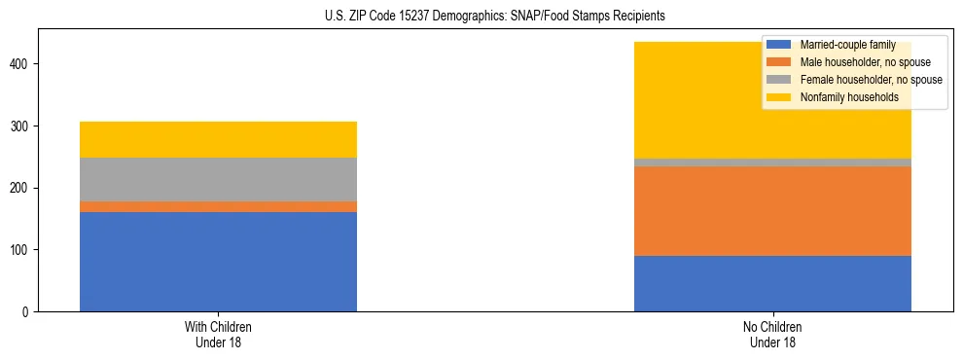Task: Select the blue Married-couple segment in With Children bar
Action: (x=218, y=261)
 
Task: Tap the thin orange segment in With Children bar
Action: (x=218, y=206)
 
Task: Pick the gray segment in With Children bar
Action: (x=218, y=179)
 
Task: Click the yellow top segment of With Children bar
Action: (x=218, y=139)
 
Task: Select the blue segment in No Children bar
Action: (x=772, y=283)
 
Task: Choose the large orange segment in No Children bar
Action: (x=772, y=211)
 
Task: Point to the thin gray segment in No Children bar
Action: (x=772, y=162)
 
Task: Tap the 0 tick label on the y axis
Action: (x=29, y=312)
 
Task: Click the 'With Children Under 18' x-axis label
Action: (x=218, y=335)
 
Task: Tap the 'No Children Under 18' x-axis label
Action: (x=772, y=335)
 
